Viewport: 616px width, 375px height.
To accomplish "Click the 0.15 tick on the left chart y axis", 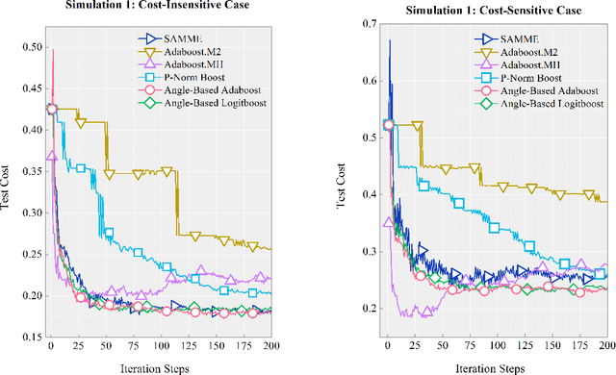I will coord(31,337).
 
